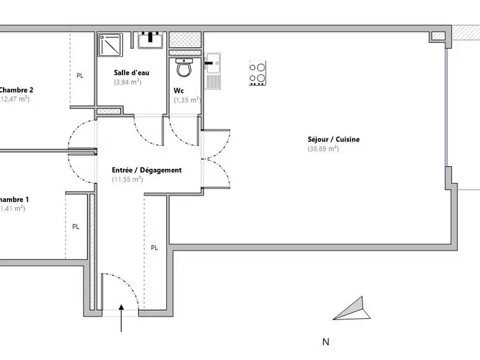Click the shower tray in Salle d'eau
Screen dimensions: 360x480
110,44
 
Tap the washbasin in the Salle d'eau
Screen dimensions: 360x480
150,40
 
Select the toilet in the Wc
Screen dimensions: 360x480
184,68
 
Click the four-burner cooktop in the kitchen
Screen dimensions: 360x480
258,74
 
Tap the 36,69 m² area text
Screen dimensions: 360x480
323,149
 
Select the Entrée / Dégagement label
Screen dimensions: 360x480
146,170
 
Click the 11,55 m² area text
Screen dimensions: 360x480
127,179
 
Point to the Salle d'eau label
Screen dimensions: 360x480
131,73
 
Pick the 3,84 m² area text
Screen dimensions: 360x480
127,82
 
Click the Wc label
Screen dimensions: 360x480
178,91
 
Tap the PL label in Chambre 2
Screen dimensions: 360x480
80,76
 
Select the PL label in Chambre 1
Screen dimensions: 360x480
76,227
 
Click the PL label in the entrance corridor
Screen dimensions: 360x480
154,247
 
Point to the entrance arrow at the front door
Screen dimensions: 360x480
122,318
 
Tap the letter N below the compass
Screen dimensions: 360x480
326,343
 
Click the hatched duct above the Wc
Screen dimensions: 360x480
185,40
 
